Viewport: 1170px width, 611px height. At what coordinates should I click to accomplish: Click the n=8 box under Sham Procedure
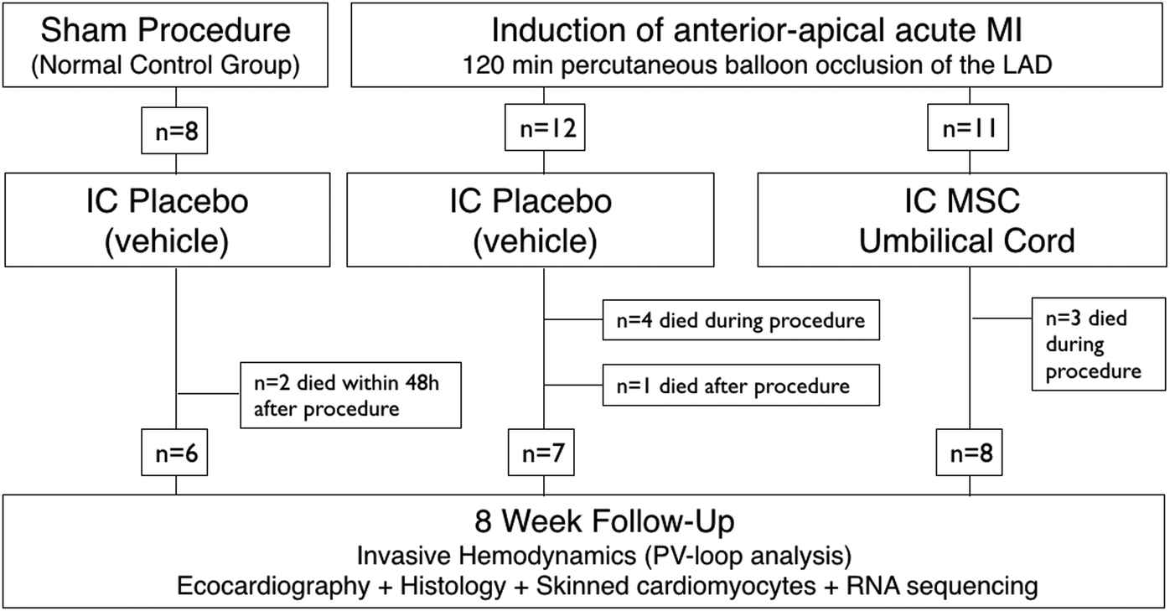coord(175,130)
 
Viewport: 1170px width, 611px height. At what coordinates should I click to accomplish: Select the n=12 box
coord(544,130)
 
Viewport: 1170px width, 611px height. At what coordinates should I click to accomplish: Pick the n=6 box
coord(175,457)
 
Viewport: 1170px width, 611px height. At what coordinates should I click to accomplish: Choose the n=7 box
coord(544,457)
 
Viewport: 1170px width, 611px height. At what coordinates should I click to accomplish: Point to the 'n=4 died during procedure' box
coord(740,319)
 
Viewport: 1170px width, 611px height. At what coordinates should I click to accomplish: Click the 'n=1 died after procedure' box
coord(740,386)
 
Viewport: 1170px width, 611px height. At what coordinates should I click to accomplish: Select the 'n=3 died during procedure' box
coord(1097,344)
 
